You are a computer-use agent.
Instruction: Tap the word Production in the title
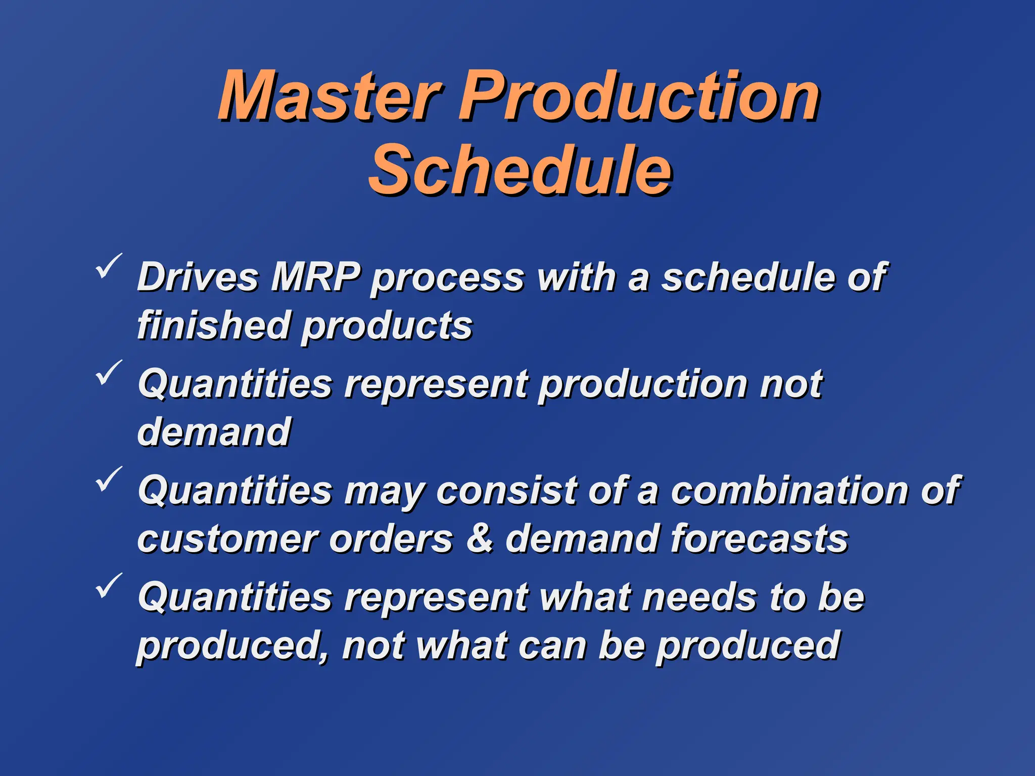[639, 97]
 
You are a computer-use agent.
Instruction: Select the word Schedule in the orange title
[521, 171]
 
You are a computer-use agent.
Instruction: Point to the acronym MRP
[316, 277]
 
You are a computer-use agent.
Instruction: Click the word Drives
[198, 277]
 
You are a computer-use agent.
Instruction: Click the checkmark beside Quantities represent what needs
[108, 586]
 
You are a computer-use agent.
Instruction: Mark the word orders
[391, 539]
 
